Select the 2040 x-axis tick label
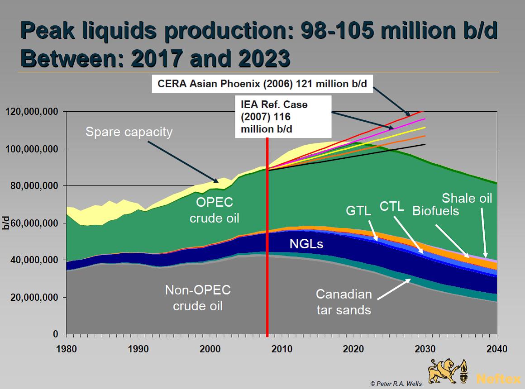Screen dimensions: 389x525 (497, 349)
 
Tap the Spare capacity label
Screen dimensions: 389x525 (129, 132)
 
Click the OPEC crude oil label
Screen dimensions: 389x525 (214, 210)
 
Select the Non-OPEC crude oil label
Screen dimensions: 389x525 (198, 298)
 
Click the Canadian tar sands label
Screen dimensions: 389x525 (344, 302)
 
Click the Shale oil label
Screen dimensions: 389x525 (467, 198)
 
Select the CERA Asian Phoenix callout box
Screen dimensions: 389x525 (262, 84)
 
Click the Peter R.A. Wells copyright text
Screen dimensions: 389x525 (396, 384)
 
